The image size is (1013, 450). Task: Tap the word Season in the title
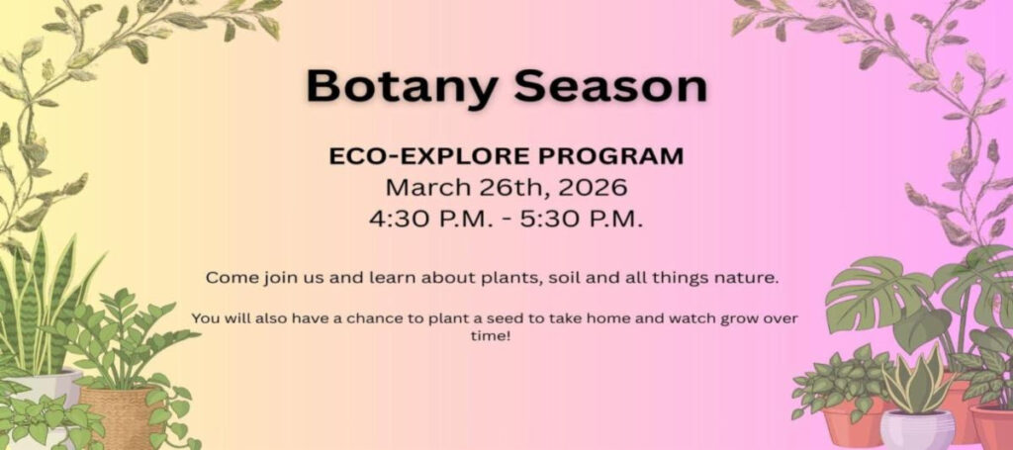(x=611, y=86)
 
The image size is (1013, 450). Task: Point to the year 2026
(x=593, y=187)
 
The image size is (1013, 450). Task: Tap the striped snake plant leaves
(x=43, y=303)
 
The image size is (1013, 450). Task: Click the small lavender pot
(x=917, y=429)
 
